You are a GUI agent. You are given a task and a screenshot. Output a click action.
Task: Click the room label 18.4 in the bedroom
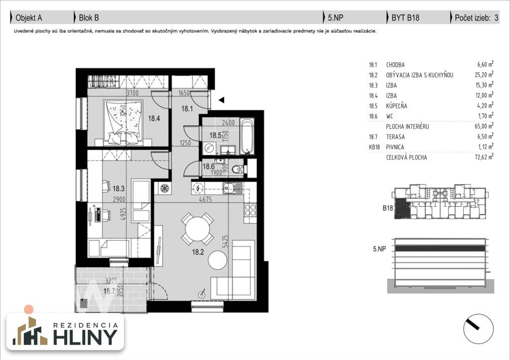[x=153, y=118]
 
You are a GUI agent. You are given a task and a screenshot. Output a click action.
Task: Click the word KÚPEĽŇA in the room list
[x=397, y=106]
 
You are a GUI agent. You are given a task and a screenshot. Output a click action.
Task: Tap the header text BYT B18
[x=405, y=18]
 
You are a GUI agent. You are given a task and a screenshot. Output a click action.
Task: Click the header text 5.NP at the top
[x=335, y=18]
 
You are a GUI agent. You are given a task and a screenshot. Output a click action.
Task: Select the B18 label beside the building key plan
[x=388, y=208]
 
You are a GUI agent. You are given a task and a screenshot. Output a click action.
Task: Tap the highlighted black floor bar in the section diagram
[x=438, y=248]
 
